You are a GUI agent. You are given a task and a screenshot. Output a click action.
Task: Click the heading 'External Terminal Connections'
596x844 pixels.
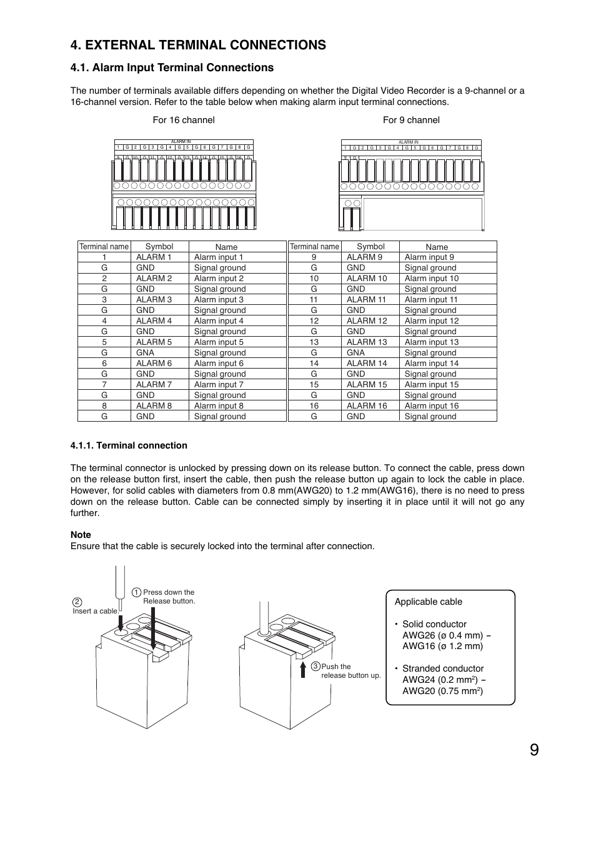198,45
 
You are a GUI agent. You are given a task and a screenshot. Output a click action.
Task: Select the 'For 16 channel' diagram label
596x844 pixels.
183,120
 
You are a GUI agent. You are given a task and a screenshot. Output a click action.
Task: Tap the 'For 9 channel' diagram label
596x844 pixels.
411,120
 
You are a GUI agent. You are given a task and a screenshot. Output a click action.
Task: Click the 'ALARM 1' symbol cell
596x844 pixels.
154,257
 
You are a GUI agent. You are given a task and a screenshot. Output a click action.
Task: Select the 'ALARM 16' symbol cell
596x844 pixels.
367,405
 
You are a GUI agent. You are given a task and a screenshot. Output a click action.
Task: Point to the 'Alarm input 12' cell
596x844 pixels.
432,320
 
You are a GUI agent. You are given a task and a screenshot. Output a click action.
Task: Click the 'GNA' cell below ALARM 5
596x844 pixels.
145,352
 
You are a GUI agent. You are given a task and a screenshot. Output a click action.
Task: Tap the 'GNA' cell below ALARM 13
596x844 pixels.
355,352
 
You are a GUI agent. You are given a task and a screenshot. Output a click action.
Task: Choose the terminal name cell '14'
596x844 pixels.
314,363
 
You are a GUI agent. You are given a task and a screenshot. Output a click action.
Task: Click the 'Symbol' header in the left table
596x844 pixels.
159,247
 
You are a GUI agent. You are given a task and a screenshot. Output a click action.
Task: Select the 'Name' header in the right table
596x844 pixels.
437,247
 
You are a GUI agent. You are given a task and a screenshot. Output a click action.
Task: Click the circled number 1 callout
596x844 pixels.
136,592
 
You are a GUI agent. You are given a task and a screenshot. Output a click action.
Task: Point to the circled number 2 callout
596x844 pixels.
77,602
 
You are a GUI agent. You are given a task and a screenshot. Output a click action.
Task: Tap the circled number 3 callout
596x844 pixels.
315,667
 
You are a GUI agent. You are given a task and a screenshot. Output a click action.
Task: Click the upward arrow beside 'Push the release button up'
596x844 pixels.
303,669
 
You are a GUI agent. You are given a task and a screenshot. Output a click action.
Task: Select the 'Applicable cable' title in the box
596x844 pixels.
429,602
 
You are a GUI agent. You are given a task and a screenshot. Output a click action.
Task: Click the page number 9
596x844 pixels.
534,750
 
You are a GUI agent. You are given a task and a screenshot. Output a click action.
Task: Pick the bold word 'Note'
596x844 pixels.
81,535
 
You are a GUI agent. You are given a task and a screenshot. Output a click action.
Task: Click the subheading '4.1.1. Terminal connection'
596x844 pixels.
129,445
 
